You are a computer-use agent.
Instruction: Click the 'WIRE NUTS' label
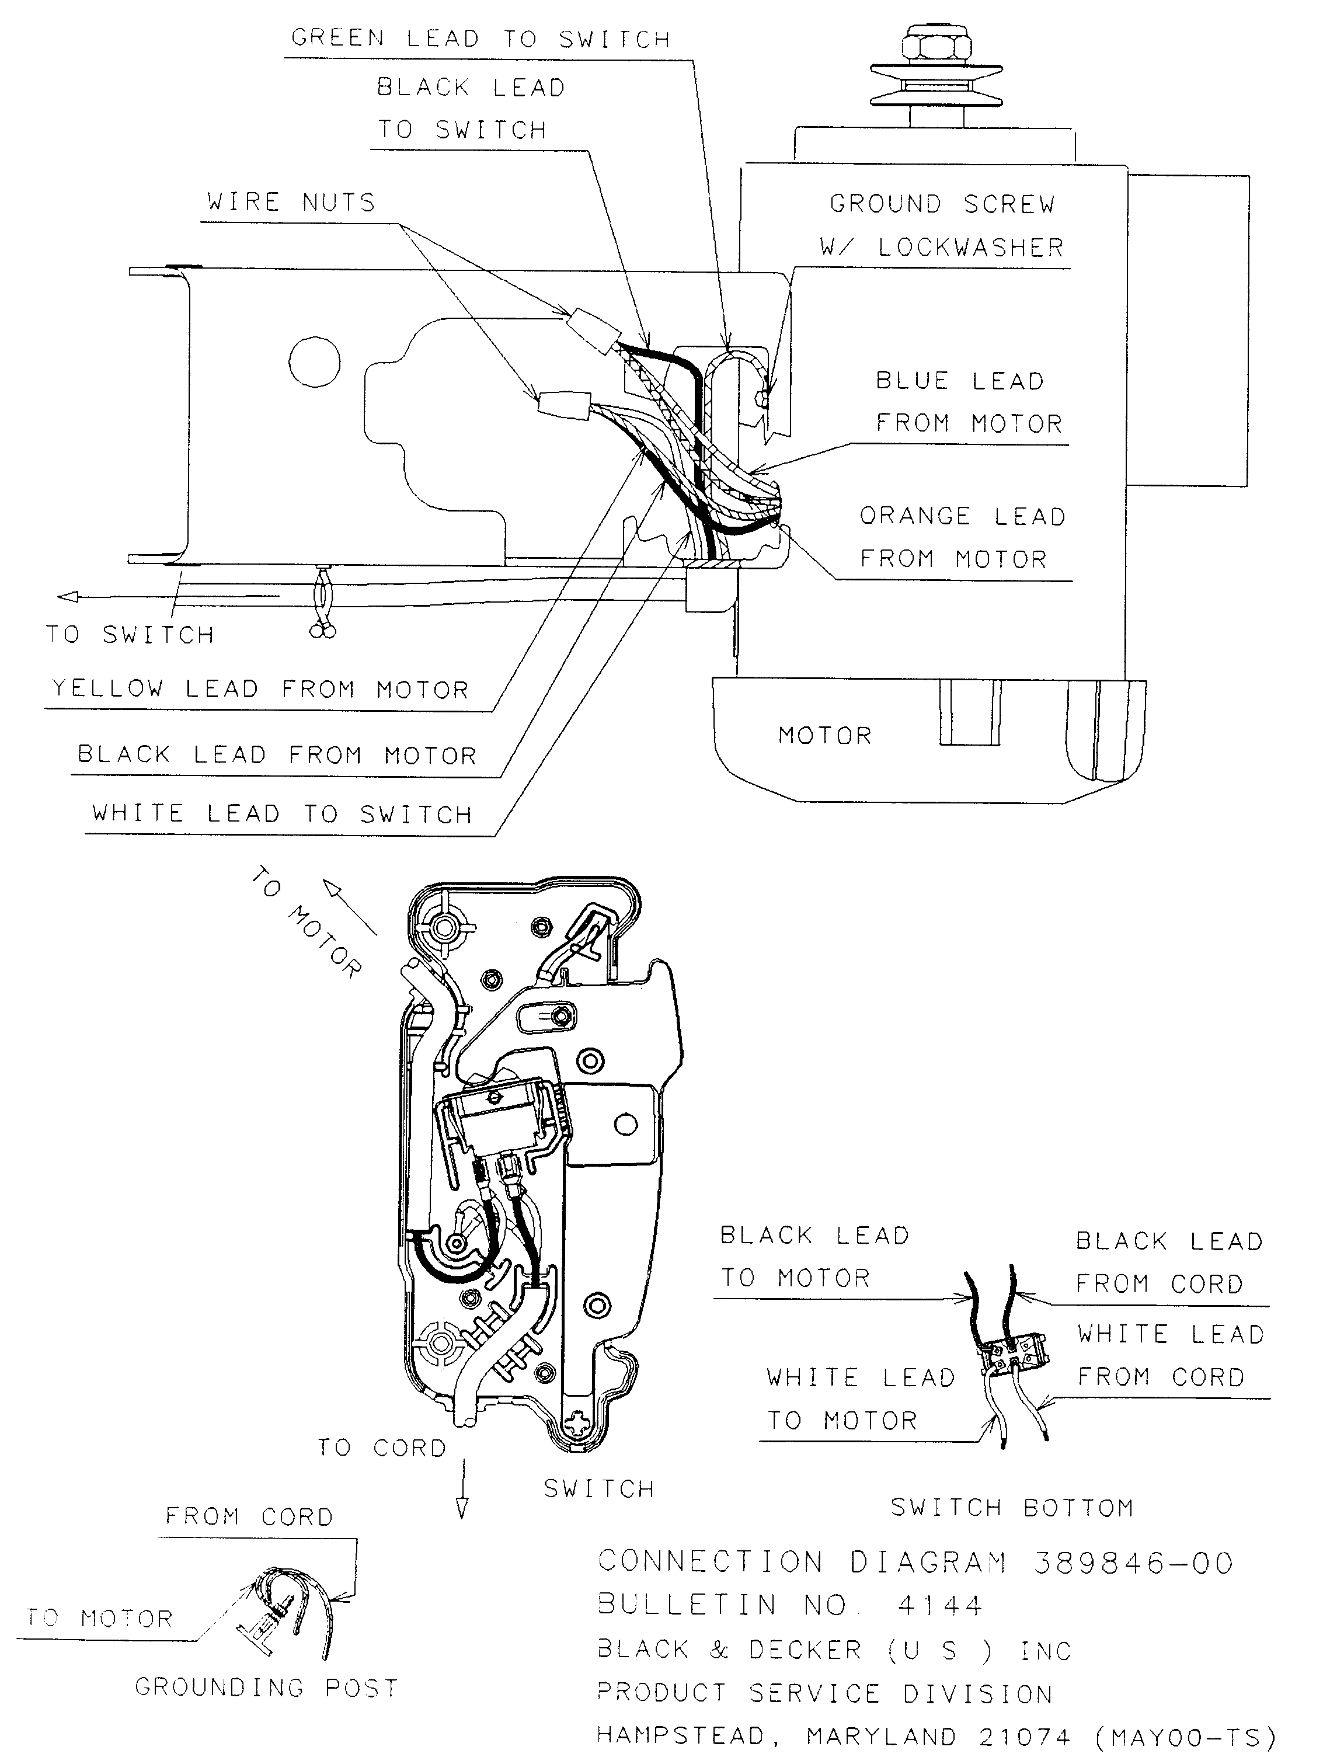point(290,203)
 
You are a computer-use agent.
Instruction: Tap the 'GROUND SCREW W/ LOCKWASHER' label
point(942,226)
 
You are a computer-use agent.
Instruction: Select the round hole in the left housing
point(314,361)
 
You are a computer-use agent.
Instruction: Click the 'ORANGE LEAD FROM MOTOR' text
point(962,538)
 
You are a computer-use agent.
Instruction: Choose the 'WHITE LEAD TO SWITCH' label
point(282,814)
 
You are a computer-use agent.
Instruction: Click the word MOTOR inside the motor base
point(824,735)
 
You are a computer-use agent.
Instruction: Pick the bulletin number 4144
point(940,1605)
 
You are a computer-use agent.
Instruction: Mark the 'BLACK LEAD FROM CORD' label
point(1168,1262)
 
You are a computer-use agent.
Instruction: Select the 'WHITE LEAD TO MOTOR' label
point(859,1398)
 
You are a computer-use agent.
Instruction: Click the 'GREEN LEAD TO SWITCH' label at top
point(480,39)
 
